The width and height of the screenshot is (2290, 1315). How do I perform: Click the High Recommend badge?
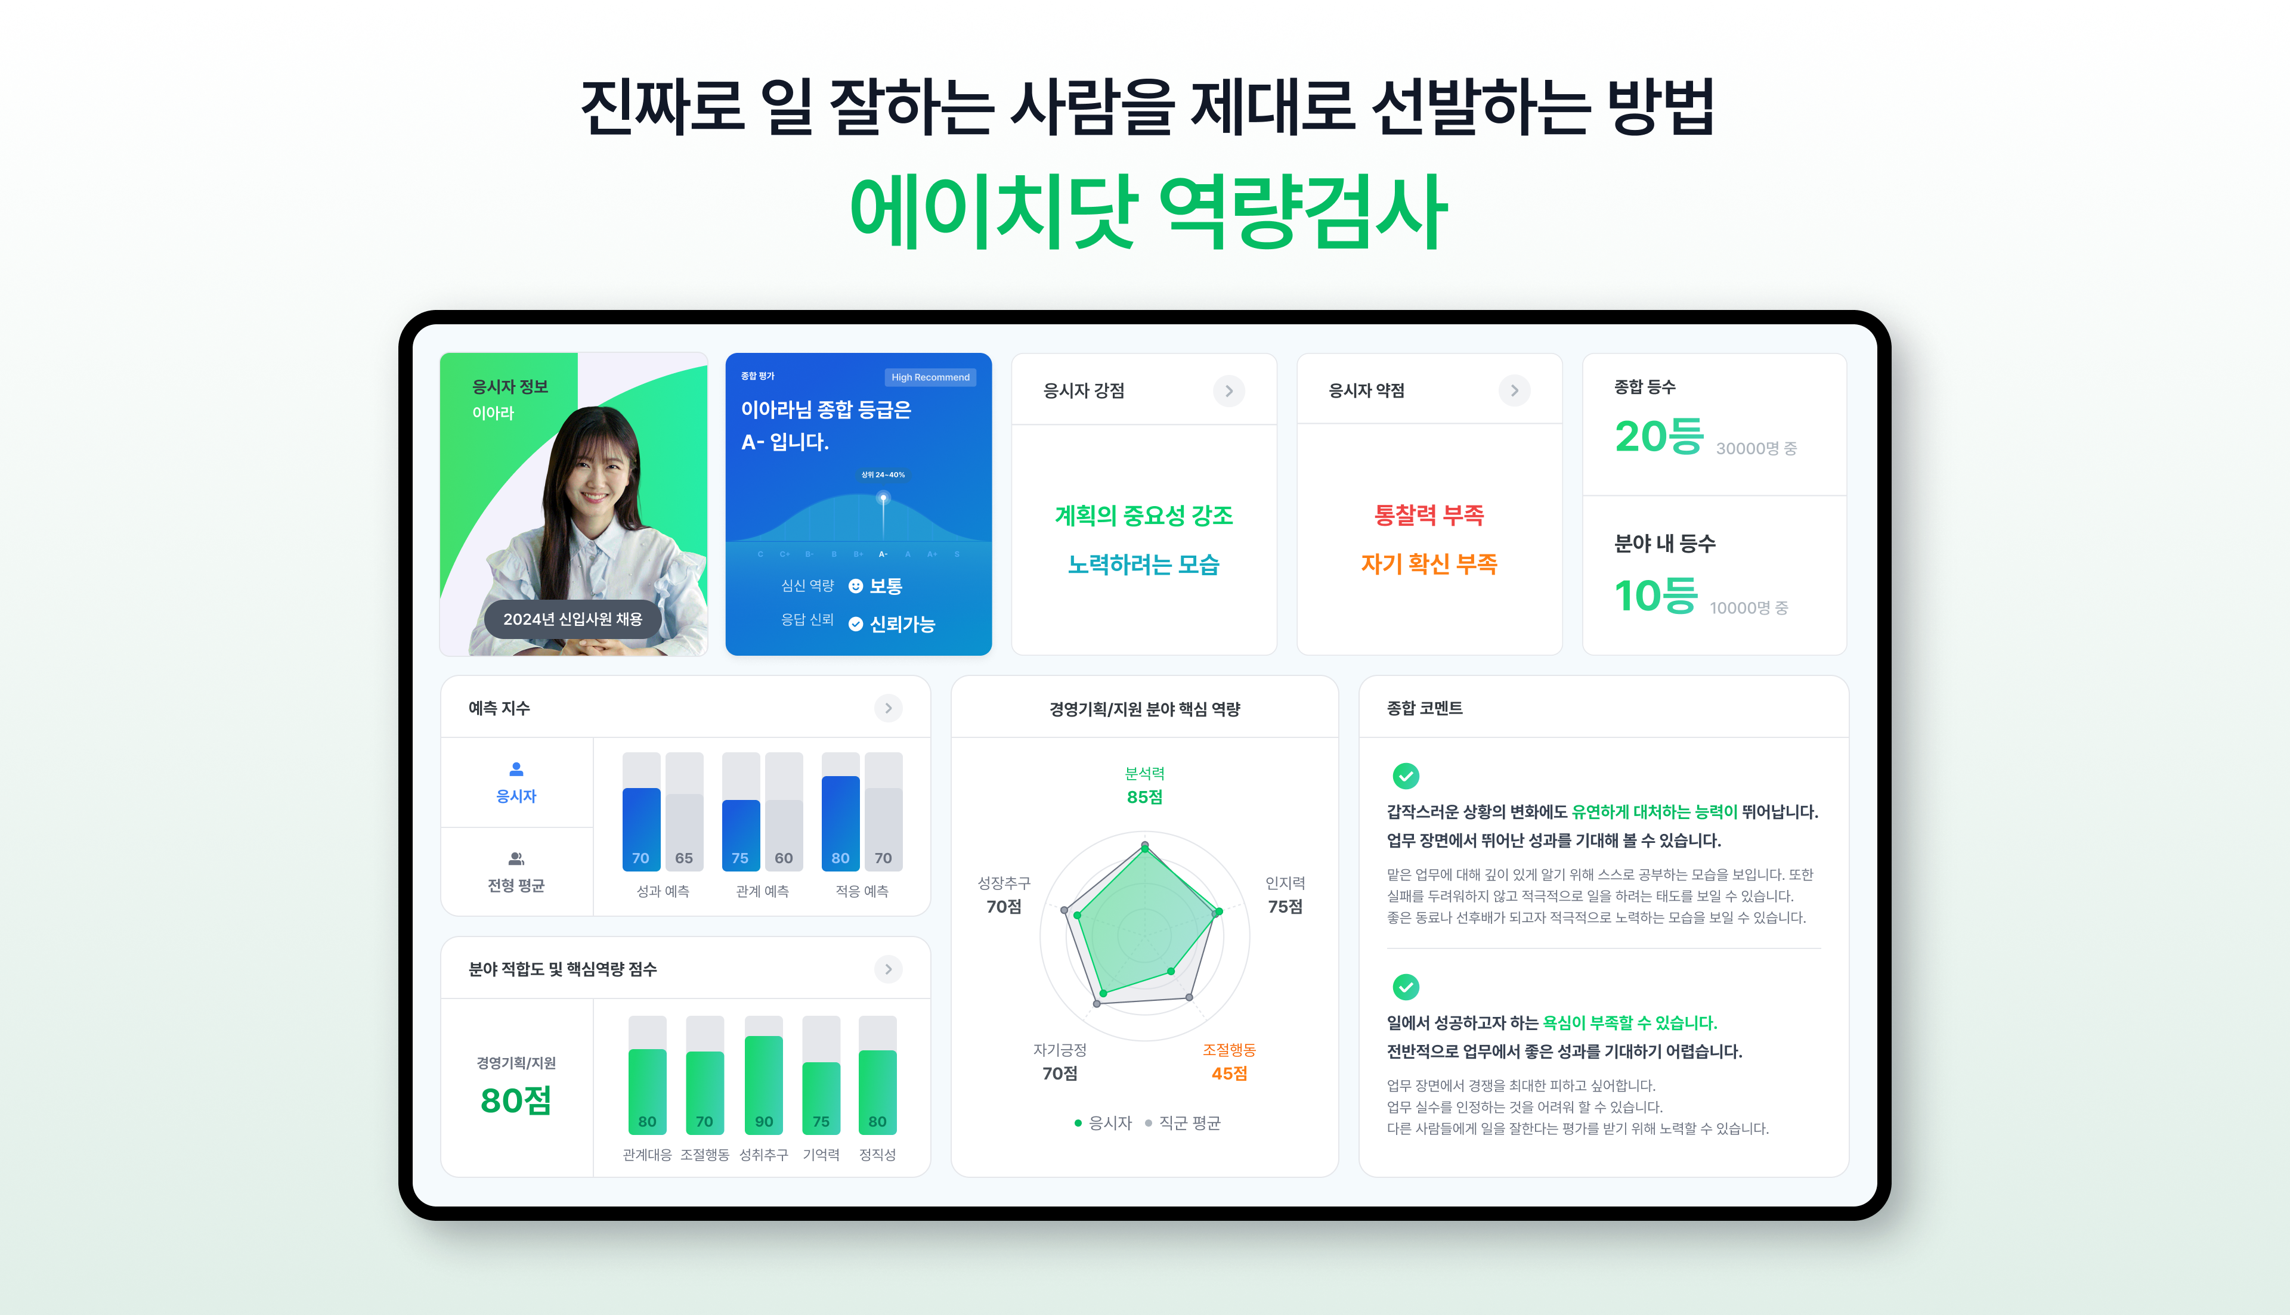[930, 377]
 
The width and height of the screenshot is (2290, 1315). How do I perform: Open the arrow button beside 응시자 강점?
[1228, 391]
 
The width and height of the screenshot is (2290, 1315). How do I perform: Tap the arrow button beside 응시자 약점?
[1514, 391]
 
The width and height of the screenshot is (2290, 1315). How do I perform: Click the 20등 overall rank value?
[1658, 437]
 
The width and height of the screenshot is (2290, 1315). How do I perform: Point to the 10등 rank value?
[1656, 596]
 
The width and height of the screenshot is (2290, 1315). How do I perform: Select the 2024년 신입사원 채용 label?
[572, 619]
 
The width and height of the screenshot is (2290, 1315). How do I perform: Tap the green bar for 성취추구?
[763, 1086]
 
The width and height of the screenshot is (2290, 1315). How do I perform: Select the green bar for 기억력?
[821, 1098]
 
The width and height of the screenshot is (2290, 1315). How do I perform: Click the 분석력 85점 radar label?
[1144, 786]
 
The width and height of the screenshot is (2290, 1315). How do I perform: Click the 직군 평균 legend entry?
[1183, 1122]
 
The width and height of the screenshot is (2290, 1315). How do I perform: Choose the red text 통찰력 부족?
[1429, 515]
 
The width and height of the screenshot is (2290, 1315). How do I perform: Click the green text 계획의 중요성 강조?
[1144, 516]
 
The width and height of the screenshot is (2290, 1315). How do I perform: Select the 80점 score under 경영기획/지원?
[516, 1100]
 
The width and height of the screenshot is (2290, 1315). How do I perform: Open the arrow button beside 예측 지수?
[888, 708]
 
